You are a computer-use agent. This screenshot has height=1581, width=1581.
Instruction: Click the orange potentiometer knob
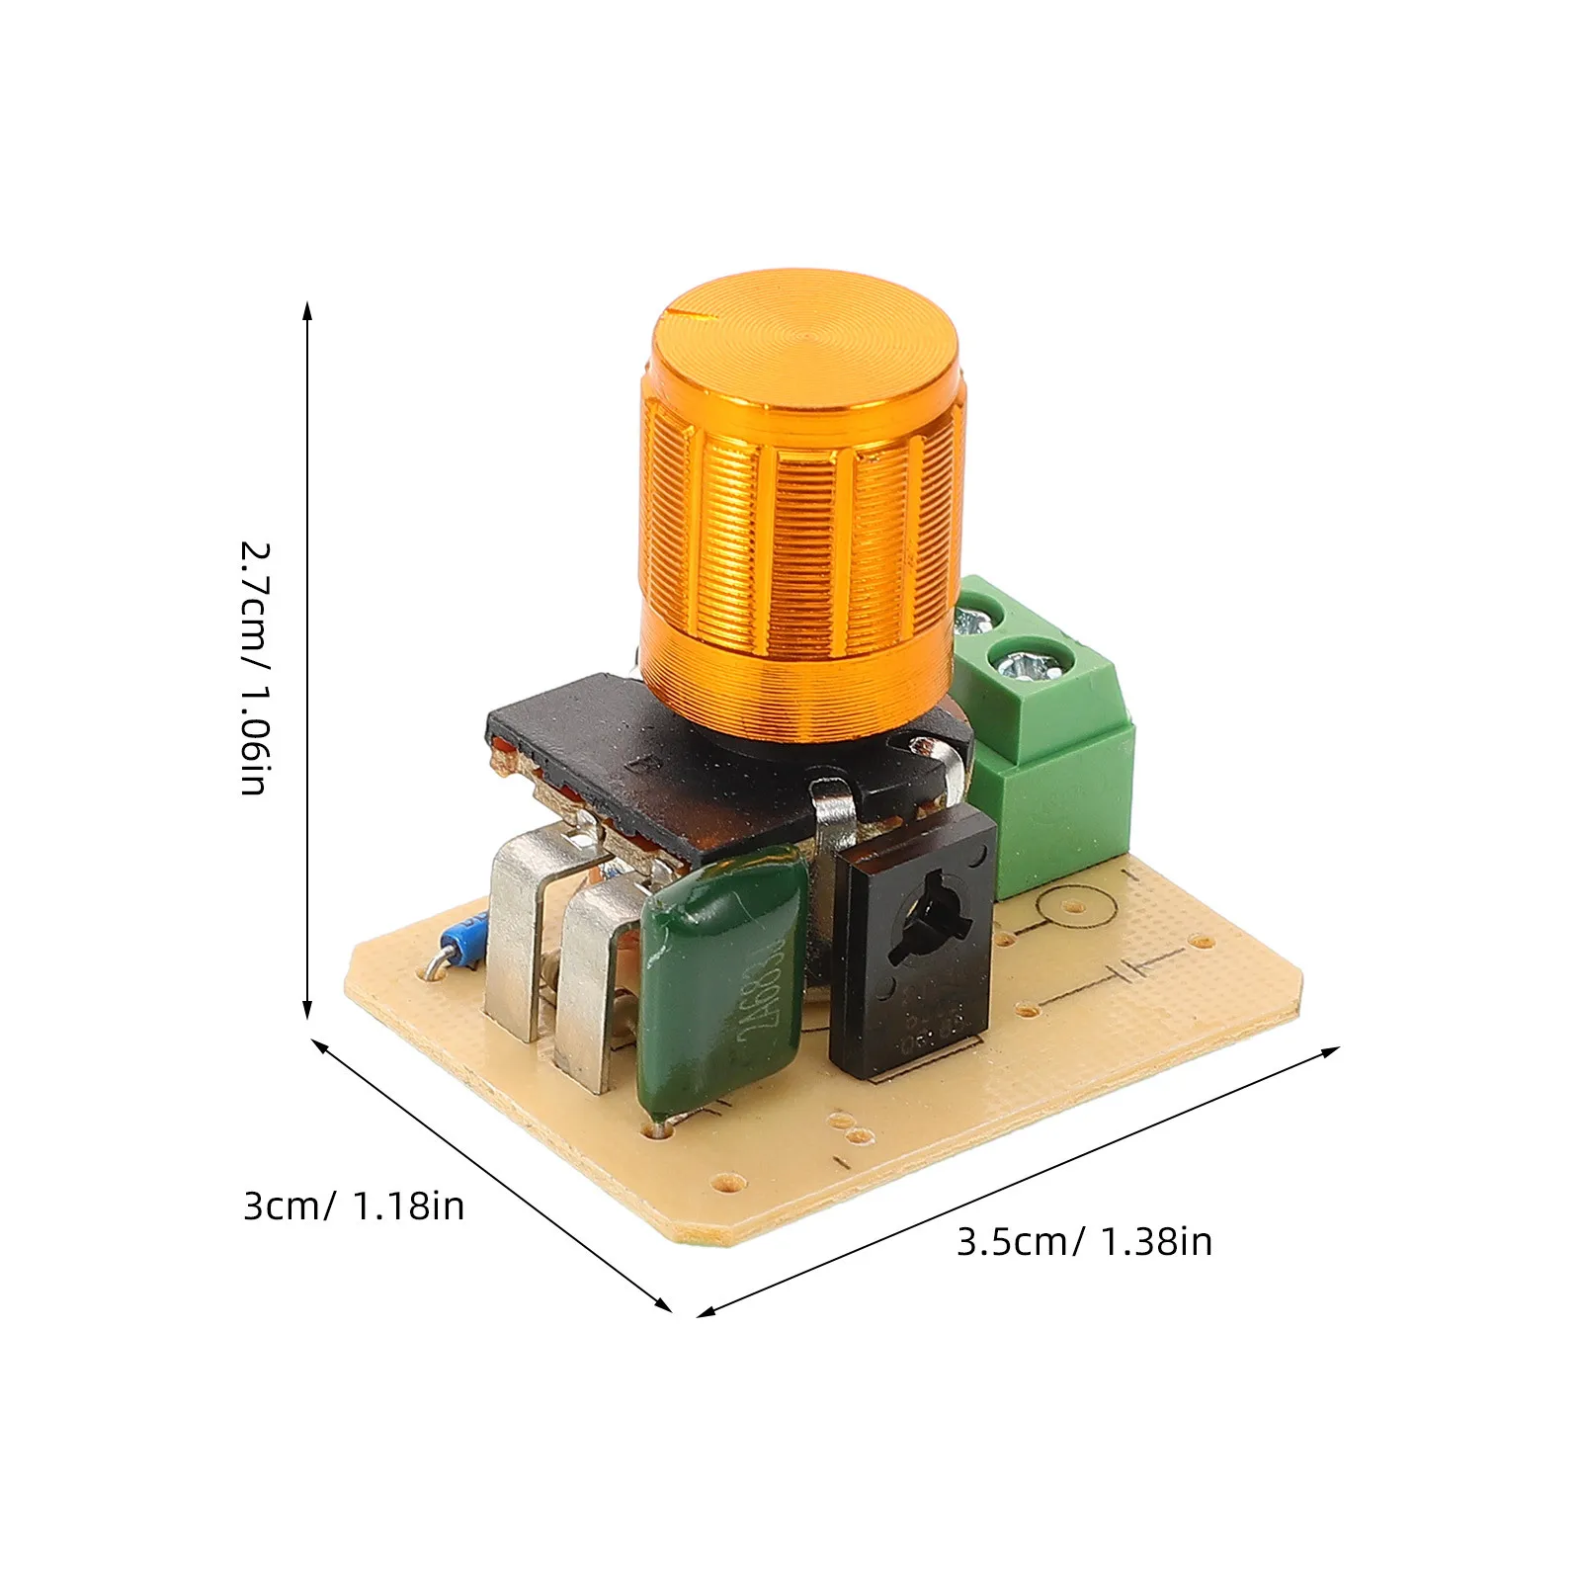[x=800, y=514]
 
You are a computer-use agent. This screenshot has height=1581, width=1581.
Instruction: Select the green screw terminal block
[x=1047, y=751]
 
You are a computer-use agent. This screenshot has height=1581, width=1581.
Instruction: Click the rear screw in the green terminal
[x=973, y=621]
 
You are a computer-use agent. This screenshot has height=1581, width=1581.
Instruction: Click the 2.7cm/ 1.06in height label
[x=255, y=668]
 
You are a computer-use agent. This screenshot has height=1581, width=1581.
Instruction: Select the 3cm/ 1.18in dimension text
[x=354, y=1207]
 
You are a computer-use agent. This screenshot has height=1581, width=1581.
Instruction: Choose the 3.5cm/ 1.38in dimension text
[x=1084, y=1242]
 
